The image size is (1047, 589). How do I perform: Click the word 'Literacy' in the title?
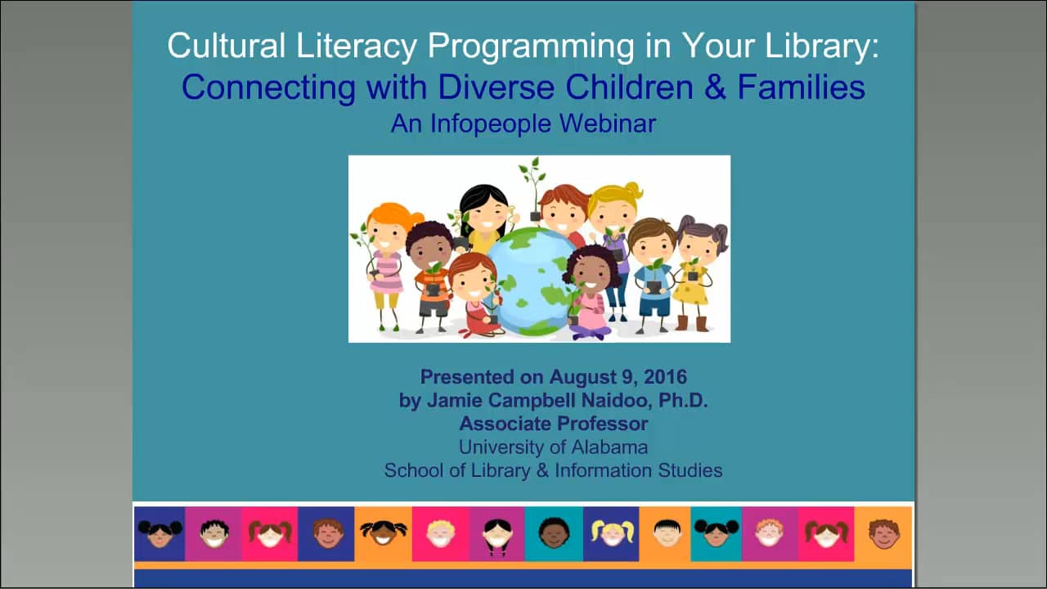coord(363,46)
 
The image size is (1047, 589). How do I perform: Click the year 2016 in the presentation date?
coord(665,377)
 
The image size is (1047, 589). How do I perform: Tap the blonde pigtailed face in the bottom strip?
coord(611,533)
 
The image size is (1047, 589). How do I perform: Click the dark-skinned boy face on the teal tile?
coord(554,533)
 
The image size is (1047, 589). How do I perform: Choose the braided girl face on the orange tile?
coord(383,533)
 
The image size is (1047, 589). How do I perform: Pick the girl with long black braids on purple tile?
coord(497,534)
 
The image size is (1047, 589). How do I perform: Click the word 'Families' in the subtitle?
coord(802,87)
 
